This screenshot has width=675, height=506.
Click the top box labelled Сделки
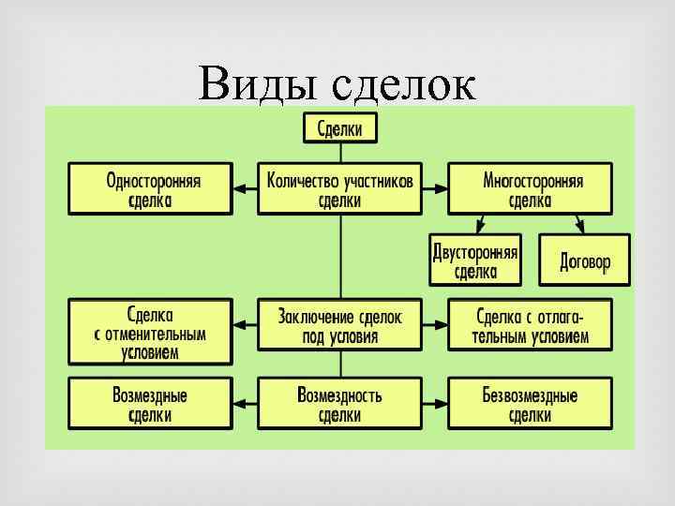[x=339, y=127]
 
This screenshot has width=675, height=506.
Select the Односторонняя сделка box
[x=150, y=188]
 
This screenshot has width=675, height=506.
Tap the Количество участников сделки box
[x=339, y=188]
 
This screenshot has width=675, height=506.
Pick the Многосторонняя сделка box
[x=530, y=188]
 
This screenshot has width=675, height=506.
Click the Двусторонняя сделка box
[x=475, y=260]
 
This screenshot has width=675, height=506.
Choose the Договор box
[x=584, y=260]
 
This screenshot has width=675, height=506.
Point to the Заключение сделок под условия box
[x=339, y=326]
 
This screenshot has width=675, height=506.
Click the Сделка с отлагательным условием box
[x=530, y=326]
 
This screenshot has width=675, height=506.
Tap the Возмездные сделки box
[x=150, y=404]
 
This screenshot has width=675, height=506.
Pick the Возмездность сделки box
[x=339, y=404]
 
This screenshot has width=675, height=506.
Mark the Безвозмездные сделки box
[x=530, y=404]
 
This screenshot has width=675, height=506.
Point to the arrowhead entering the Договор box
[x=580, y=228]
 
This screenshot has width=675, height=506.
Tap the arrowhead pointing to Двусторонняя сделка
[x=479, y=228]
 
